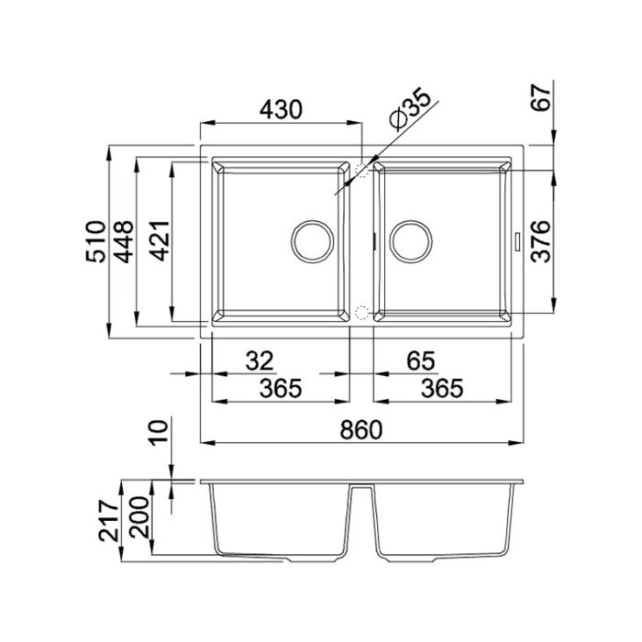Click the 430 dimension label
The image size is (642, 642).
click(282, 110)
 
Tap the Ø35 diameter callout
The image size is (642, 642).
click(411, 109)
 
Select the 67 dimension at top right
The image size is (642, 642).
click(540, 98)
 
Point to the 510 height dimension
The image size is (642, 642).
click(95, 241)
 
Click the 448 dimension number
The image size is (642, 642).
click(123, 241)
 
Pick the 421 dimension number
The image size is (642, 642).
click(159, 240)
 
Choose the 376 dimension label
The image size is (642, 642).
click(540, 241)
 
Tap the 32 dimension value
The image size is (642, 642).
click(260, 361)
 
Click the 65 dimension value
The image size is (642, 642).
click(421, 361)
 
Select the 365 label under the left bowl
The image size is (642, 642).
click(281, 388)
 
